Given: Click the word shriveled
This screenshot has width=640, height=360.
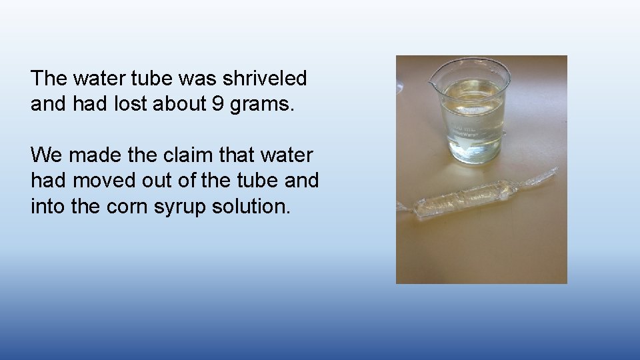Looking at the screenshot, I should click(265, 79).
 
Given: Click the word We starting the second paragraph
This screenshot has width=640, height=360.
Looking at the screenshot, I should click(46, 155).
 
